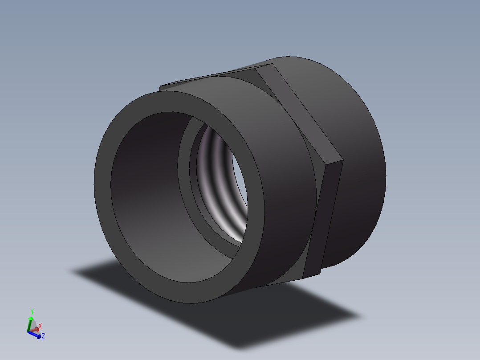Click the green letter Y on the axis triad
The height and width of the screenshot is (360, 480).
[32, 311]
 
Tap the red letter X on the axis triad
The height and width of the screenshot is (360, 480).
[40, 326]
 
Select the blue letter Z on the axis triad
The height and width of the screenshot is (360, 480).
[43, 336]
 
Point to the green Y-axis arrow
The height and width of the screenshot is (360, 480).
[30, 322]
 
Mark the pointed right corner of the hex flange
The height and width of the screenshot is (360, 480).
[343, 160]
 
